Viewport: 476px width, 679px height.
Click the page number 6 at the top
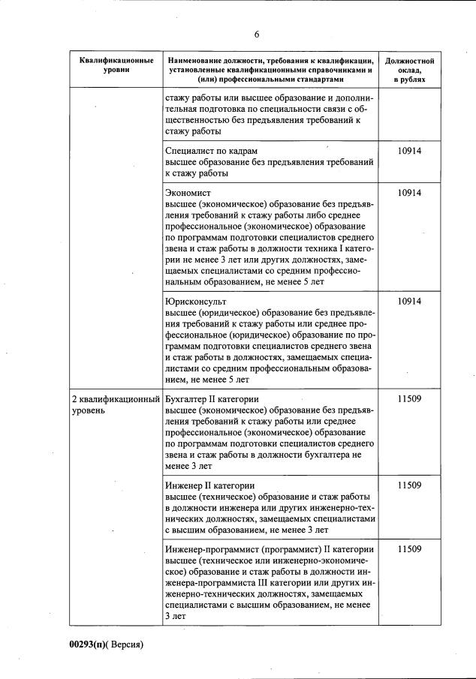256,35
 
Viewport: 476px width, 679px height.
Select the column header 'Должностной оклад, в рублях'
409,69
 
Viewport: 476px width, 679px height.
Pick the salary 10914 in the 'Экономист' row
409,193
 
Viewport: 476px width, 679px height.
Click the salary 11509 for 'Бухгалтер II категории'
409,398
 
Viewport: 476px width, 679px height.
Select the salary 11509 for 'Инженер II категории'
409,485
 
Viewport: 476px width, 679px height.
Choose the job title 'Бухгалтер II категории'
212,398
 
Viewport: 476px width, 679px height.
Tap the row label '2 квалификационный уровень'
115,404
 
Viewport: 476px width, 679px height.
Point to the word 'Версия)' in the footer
125,644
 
